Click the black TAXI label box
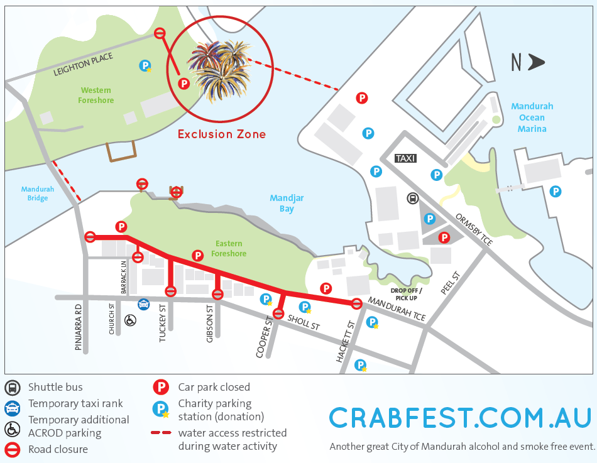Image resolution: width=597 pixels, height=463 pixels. pyautogui.click(x=405, y=159)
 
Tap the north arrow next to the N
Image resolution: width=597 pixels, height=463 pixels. pyautogui.click(x=536, y=62)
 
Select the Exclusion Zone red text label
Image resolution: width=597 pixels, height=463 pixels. pyautogui.click(x=221, y=134)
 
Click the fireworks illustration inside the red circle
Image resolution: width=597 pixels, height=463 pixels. pyautogui.click(x=219, y=69)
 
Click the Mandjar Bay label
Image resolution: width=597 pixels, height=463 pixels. pyautogui.click(x=287, y=204)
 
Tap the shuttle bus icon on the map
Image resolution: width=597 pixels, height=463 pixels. pyautogui.click(x=413, y=198)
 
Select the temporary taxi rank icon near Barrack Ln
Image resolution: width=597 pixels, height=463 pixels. pyautogui.click(x=143, y=304)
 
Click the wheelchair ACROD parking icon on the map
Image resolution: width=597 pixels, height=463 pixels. pyautogui.click(x=131, y=320)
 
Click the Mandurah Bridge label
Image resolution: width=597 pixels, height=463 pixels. pyautogui.click(x=38, y=193)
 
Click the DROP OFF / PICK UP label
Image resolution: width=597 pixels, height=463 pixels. pyautogui.click(x=407, y=294)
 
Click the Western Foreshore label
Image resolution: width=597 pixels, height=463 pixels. pyautogui.click(x=96, y=95)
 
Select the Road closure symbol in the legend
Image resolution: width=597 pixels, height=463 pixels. pyautogui.click(x=12, y=450)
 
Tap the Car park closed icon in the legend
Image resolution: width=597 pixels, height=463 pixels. pyautogui.click(x=162, y=387)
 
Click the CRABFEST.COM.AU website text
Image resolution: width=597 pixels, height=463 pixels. pyautogui.click(x=460, y=418)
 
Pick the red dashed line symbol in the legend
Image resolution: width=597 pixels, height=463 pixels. pyautogui.click(x=162, y=433)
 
